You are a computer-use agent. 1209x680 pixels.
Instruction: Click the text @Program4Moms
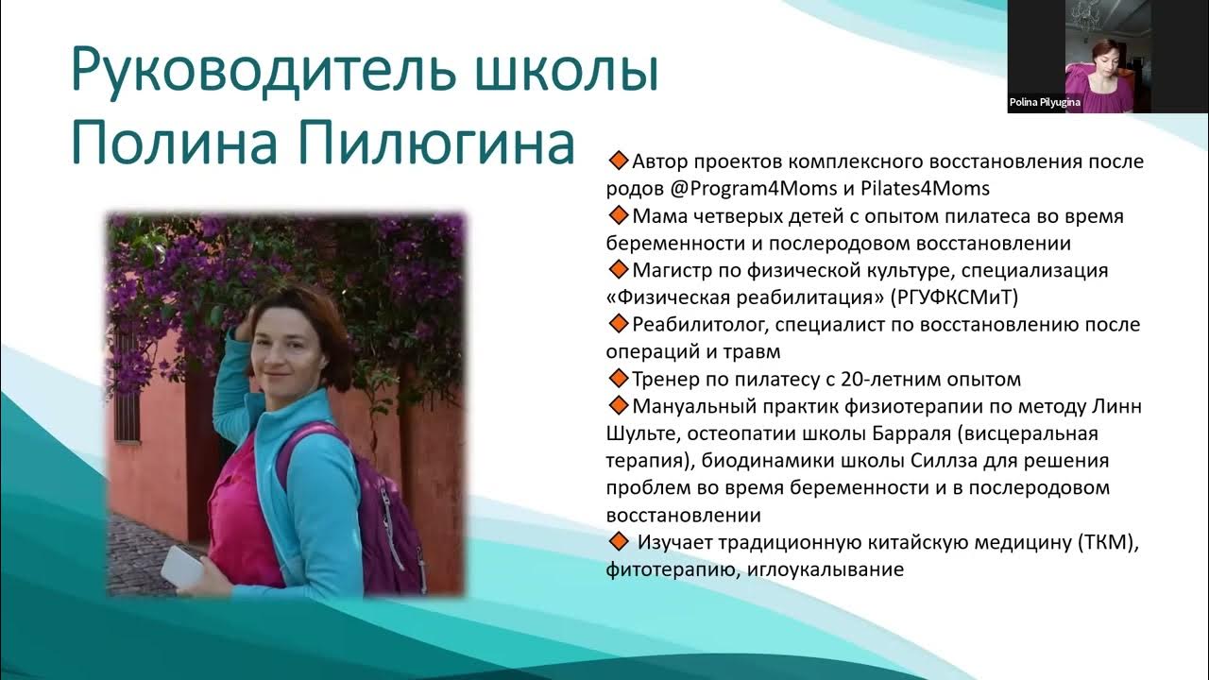pos(725,188)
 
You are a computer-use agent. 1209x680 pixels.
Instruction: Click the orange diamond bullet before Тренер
pos(619,379)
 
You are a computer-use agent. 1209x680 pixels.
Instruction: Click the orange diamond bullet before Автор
pos(619,161)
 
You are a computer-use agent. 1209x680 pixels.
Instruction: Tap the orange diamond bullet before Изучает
pos(619,542)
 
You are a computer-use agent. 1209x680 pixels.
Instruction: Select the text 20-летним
pos(888,380)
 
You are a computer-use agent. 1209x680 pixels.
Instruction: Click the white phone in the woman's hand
pos(181,565)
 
